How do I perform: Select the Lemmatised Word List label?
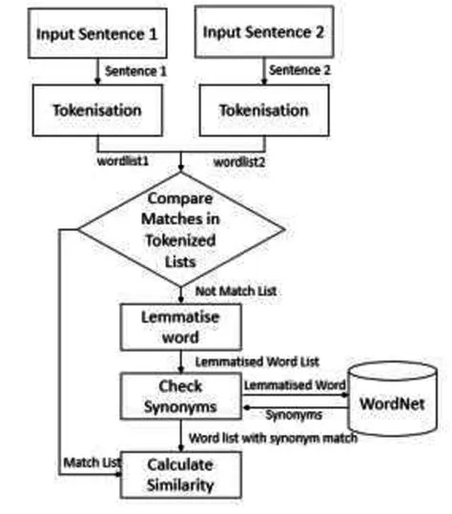257,361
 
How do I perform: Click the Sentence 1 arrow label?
134,70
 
